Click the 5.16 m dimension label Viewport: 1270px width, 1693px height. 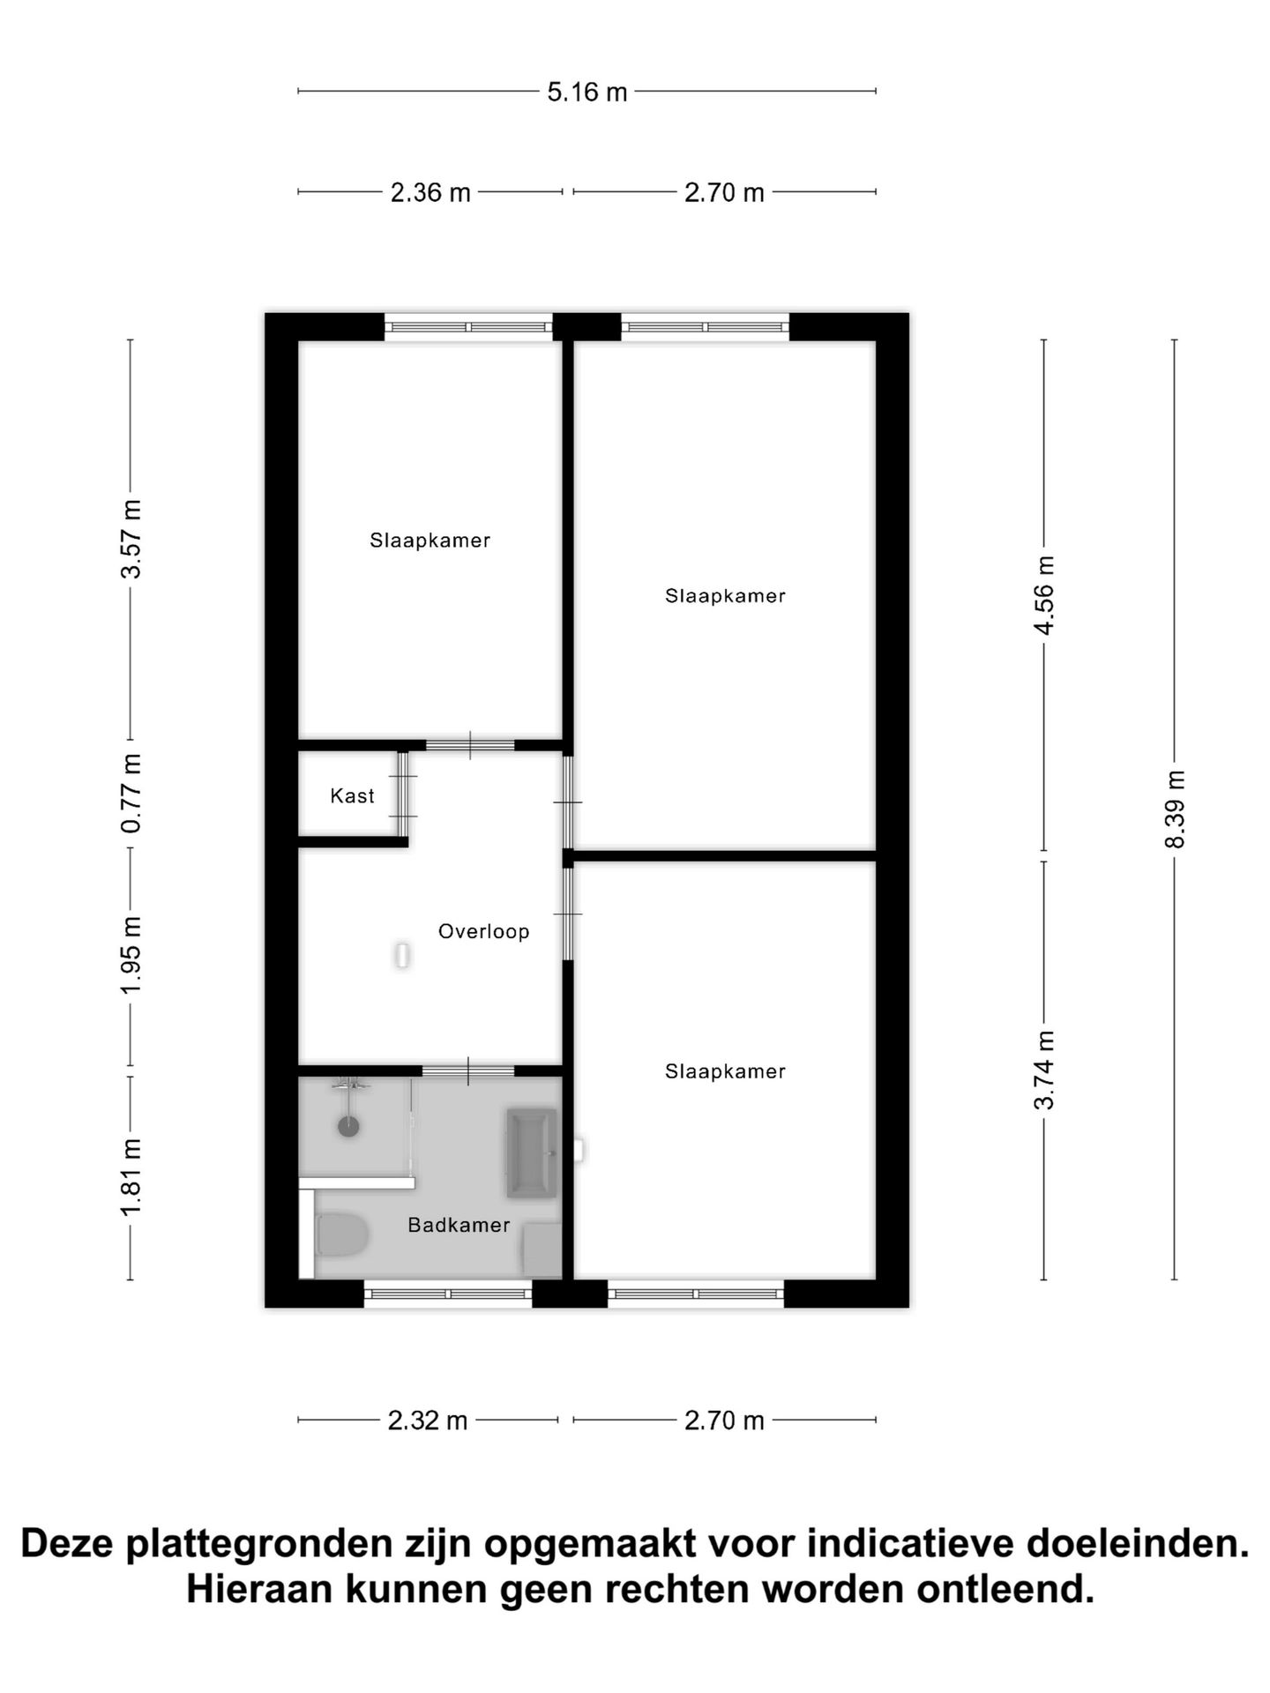pyautogui.click(x=586, y=92)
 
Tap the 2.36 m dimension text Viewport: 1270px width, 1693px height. pyautogui.click(x=430, y=192)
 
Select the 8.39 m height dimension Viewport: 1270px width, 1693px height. pyautogui.click(x=1175, y=809)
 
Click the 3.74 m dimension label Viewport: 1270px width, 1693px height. pyautogui.click(x=1045, y=1070)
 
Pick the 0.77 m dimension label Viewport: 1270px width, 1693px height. pyautogui.click(x=131, y=793)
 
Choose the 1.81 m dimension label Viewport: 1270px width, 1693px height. pyautogui.click(x=131, y=1176)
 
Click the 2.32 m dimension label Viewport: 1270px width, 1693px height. pyautogui.click(x=428, y=1421)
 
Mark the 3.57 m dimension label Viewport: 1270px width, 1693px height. pyautogui.click(x=131, y=539)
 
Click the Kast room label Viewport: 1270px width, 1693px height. pyautogui.click(x=352, y=796)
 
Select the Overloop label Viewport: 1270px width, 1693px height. pyautogui.click(x=483, y=931)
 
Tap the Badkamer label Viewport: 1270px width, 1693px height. pyautogui.click(x=459, y=1225)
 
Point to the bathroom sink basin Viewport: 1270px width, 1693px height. pyautogui.click(x=532, y=1152)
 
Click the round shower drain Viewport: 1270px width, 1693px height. pyautogui.click(x=348, y=1126)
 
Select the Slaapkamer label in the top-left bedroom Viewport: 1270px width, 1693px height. pyautogui.click(x=430, y=541)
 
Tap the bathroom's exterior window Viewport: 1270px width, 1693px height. pyautogui.click(x=448, y=1294)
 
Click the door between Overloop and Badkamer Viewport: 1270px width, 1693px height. pyautogui.click(x=468, y=1070)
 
